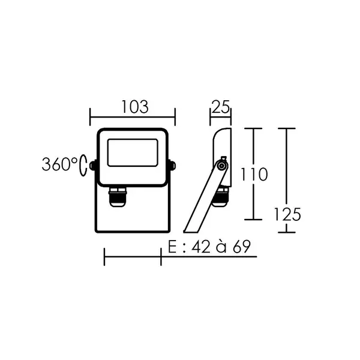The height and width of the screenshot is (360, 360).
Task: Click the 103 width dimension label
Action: click(135, 107)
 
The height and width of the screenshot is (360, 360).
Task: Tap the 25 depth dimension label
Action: click(221, 107)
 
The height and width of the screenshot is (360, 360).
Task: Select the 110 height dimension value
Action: click(254, 174)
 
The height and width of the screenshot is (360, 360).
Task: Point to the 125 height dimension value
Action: click(287, 214)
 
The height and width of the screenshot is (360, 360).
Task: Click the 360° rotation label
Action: click(59, 164)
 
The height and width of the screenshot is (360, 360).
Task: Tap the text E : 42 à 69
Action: click(209, 247)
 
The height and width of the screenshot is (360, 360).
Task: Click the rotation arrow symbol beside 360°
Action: click(83, 166)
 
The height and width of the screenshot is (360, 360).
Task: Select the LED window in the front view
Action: click(133, 152)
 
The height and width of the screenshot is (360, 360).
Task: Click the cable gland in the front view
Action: click(118, 197)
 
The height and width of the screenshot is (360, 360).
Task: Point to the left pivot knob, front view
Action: click(93, 166)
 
